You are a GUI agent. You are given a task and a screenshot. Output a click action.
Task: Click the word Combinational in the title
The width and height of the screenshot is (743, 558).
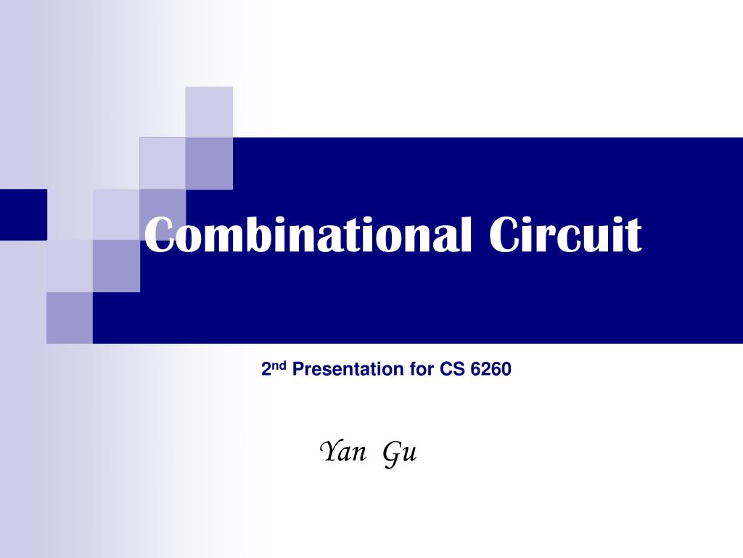[308, 235]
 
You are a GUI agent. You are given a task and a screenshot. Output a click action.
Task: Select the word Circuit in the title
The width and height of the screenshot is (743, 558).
[565, 235]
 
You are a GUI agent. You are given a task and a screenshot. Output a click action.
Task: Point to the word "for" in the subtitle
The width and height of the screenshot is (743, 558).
[422, 369]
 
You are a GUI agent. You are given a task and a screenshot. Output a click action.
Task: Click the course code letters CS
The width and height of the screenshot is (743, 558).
[453, 369]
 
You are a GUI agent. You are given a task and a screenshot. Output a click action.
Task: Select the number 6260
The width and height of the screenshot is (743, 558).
[491, 369]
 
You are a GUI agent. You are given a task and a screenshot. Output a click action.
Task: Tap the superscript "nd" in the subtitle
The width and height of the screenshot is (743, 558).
[279, 365]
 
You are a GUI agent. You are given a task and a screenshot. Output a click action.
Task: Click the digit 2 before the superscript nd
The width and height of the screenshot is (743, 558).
[267, 369]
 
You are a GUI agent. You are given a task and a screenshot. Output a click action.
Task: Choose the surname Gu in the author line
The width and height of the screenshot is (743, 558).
[400, 453]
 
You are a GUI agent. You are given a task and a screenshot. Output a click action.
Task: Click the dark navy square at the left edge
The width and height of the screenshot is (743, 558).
[23, 214]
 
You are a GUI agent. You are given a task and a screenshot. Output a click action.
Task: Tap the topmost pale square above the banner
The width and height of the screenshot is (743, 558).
[209, 112]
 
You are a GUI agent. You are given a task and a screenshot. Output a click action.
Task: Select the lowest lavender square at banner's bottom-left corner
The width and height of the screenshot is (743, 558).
[70, 318]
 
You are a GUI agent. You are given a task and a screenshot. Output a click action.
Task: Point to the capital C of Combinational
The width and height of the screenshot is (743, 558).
[158, 235]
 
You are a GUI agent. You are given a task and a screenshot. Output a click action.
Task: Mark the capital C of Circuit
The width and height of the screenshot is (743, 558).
[504, 235]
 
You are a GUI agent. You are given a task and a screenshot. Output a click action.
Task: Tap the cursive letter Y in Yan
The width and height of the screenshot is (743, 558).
[331, 450]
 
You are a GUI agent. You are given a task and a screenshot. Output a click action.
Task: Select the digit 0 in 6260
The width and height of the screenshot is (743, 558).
[506, 369]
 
